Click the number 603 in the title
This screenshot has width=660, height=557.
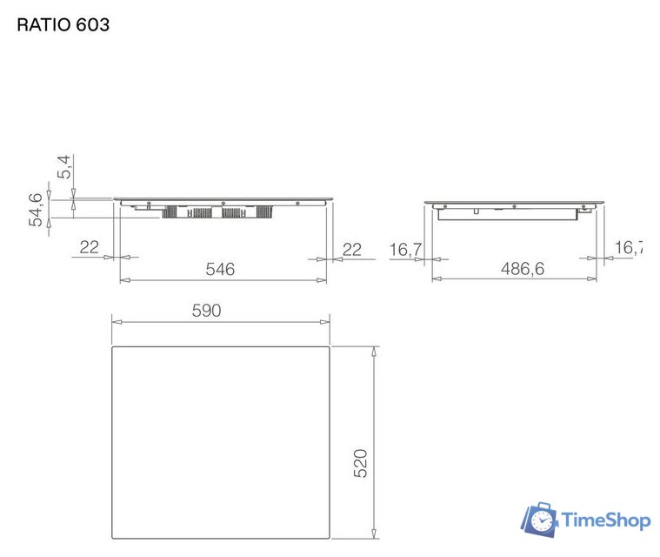point(93,24)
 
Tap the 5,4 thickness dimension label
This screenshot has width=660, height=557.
point(64,168)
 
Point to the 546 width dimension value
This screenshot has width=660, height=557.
point(220,270)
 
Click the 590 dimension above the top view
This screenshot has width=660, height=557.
point(208,311)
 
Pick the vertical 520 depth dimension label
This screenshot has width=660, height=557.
point(361,463)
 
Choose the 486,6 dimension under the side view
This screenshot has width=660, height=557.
point(522,270)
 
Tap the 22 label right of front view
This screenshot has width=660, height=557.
point(351,249)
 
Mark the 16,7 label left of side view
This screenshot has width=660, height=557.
point(404,250)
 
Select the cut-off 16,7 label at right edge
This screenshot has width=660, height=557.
point(629,248)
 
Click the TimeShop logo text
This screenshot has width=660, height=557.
point(606,520)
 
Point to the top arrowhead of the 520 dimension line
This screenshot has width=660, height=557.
point(374,350)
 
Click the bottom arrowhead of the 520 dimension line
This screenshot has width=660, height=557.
point(374,533)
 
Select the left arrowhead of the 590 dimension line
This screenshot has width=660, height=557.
point(117,322)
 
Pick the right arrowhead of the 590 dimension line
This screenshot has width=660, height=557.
point(324,322)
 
